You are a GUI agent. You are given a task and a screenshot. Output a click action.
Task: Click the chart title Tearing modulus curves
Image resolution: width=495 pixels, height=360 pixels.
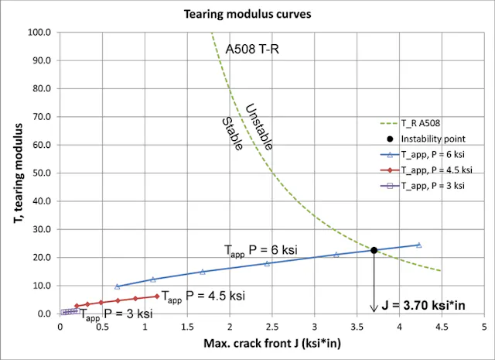coord(247,14)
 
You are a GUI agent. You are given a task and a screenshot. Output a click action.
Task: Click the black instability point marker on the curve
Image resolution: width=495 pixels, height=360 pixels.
coord(374,250)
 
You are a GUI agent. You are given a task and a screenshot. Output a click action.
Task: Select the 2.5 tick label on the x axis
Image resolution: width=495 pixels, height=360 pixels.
coord(272,327)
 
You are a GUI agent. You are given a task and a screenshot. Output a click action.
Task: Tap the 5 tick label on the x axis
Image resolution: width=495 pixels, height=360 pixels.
coord(483,327)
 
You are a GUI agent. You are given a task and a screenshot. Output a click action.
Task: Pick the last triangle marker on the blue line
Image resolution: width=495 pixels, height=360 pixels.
coord(418,245)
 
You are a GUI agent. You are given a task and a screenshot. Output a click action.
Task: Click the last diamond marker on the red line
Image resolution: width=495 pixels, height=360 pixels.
coord(157,296)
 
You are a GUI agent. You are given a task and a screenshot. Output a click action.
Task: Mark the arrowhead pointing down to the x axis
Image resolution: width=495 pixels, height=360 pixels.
coord(374,309)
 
